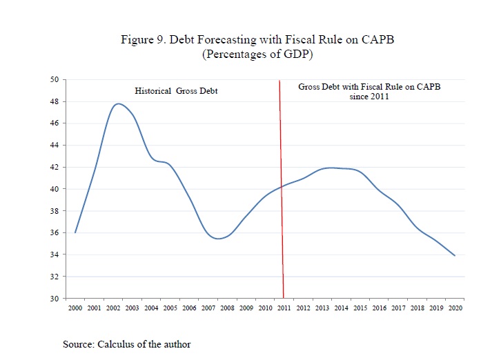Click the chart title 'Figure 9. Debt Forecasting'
(x=257, y=40)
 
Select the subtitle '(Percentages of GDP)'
(x=257, y=54)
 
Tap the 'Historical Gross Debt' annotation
(x=176, y=91)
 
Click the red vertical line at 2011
(x=282, y=172)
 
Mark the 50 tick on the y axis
(x=55, y=79)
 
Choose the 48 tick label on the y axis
(x=55, y=101)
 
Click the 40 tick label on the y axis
(x=55, y=189)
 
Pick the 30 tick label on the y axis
(x=55, y=299)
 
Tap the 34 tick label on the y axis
(x=55, y=254)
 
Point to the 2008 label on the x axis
(x=227, y=308)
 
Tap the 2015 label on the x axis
(x=360, y=308)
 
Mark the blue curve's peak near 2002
(x=118, y=104)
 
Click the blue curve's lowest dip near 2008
(x=218, y=239)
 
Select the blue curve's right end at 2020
(x=455, y=256)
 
